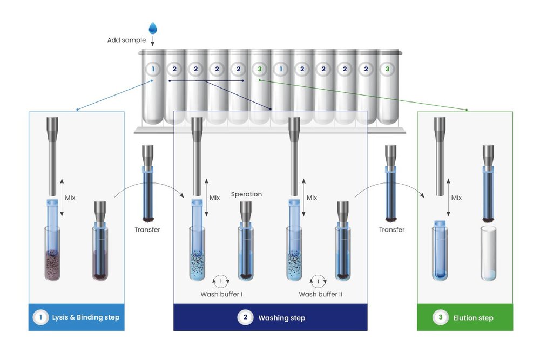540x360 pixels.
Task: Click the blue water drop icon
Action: coord(153,28)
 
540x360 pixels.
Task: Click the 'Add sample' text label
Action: coord(127,40)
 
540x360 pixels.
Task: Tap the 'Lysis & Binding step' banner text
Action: coord(85,317)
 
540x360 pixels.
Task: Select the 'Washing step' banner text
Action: coord(281,318)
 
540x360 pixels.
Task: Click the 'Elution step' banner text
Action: coord(473,318)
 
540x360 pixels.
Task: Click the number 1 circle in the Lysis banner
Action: coord(40,317)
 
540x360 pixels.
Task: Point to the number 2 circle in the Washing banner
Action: coord(245,318)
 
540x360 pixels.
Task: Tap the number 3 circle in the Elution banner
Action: coord(441,318)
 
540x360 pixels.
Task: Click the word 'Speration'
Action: coord(246,194)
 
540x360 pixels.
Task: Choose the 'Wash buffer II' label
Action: coord(320,294)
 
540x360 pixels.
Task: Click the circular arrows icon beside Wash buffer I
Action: coord(220,281)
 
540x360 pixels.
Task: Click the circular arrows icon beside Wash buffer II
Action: coord(318,281)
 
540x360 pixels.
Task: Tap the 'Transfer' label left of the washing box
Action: coord(147,229)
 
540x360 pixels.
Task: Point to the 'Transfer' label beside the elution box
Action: coord(391,229)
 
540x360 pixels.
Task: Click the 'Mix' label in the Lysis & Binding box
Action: coord(70,198)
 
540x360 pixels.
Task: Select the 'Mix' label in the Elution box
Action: coord(456,198)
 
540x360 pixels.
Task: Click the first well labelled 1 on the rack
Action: coord(153,69)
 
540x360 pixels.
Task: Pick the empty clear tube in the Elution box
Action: coord(488,253)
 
